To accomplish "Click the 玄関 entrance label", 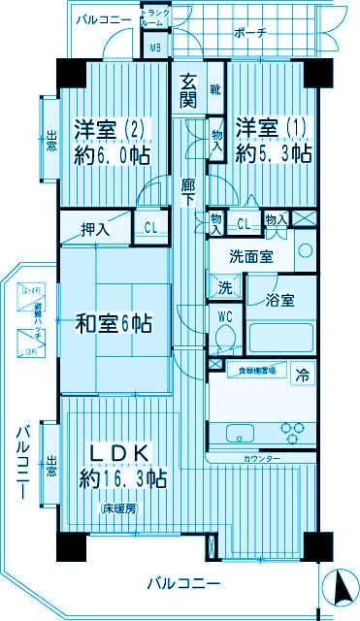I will (187, 90).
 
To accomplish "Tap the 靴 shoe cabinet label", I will (214, 90).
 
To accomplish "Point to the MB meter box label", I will (154, 47).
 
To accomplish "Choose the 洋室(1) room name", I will (273, 128).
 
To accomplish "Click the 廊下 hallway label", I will (187, 189).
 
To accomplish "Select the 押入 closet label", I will (94, 229).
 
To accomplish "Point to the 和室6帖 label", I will (114, 323).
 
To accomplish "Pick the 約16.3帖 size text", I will (121, 478).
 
